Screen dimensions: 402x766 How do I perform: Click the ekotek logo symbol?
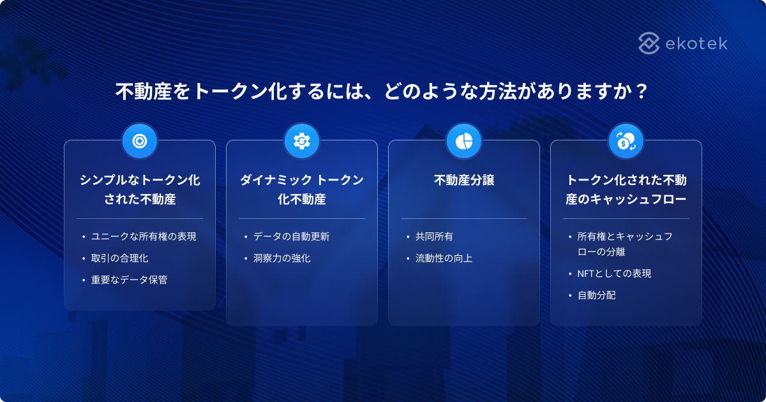[649, 43]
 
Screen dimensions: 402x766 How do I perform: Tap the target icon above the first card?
[140, 141]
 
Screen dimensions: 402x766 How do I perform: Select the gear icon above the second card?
[302, 141]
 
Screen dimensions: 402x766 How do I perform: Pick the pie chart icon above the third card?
[464, 141]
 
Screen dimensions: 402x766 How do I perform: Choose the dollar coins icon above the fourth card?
[626, 141]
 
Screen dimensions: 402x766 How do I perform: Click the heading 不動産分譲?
[464, 181]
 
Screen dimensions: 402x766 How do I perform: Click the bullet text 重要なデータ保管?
[129, 279]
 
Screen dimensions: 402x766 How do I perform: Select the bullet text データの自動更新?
[291, 236]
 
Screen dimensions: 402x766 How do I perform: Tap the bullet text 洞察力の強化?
[282, 258]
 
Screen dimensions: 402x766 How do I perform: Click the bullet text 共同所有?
[434, 236]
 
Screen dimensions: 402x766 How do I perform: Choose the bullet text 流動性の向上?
[444, 258]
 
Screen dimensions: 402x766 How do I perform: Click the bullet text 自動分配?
[596, 295]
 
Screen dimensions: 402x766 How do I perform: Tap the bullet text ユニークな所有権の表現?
[144, 236]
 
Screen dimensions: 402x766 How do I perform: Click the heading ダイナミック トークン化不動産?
[302, 190]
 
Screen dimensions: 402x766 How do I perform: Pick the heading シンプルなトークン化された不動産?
[140, 190]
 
